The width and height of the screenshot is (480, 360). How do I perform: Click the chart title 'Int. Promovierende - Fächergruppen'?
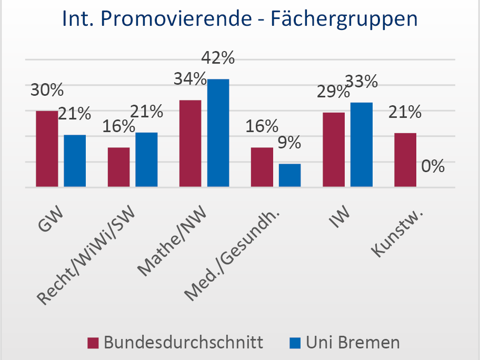click(x=239, y=19)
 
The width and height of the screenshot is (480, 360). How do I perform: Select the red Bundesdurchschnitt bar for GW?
click(x=47, y=149)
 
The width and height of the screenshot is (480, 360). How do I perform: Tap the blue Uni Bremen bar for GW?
click(x=75, y=161)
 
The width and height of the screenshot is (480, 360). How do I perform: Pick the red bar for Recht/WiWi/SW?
click(x=118, y=167)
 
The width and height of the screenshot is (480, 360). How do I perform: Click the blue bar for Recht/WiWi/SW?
click(x=146, y=160)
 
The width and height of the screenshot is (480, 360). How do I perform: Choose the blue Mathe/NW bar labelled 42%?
click(x=218, y=133)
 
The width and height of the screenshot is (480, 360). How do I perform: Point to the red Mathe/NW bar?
click(x=190, y=144)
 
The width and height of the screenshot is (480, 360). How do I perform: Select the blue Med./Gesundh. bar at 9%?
click(x=289, y=175)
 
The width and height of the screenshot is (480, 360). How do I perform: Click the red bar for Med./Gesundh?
click(x=262, y=167)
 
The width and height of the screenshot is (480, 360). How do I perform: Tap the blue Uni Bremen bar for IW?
click(x=361, y=145)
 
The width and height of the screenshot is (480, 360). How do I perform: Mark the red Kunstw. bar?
click(x=405, y=160)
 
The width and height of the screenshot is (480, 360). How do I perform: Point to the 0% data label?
click(x=433, y=166)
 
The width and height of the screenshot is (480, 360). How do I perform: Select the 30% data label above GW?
click(x=47, y=91)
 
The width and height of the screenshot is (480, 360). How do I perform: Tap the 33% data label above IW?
click(x=361, y=82)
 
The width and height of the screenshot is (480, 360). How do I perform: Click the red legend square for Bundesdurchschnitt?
click(x=93, y=343)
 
